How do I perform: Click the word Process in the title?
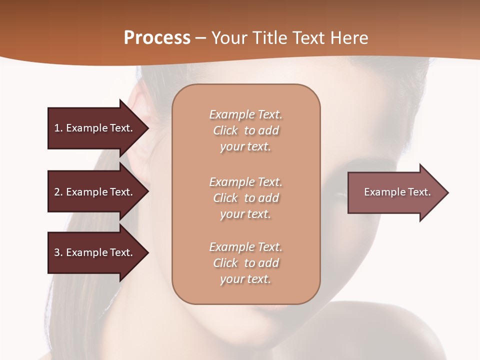(x=157, y=38)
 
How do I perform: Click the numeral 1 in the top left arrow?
(x=57, y=128)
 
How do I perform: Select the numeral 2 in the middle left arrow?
(x=57, y=192)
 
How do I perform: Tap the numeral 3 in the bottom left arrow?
(x=57, y=252)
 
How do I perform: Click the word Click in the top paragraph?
(x=225, y=130)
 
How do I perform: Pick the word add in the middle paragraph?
(x=269, y=198)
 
